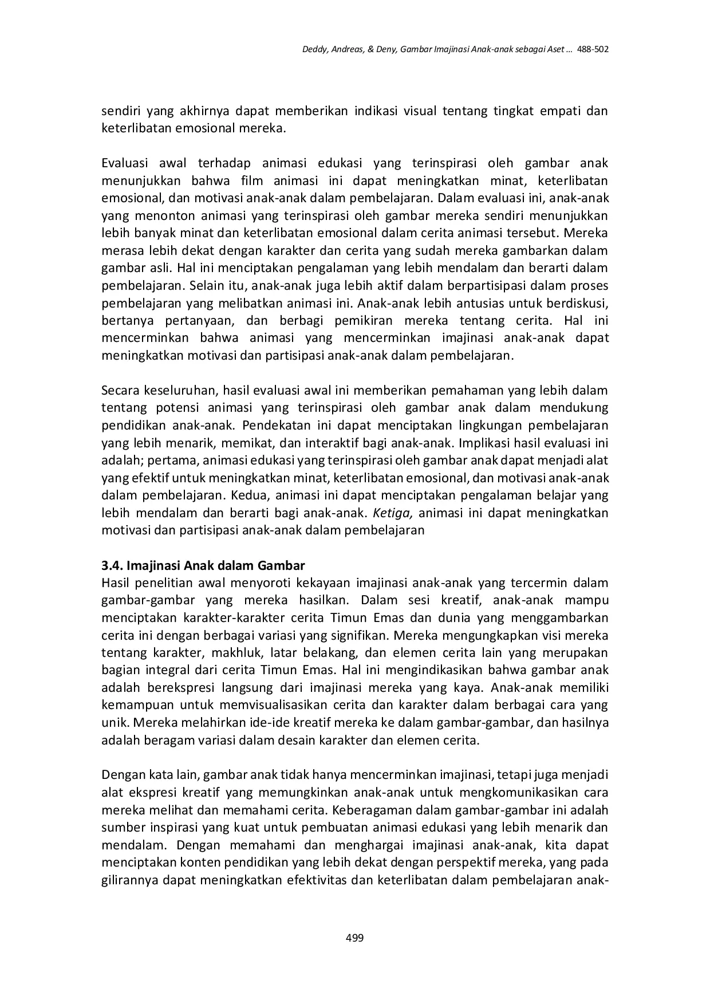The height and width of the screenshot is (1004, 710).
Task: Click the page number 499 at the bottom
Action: coord(354,938)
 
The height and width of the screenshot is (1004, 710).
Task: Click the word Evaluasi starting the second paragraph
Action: coord(125,163)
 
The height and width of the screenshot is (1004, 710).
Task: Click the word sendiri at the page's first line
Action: coord(119,111)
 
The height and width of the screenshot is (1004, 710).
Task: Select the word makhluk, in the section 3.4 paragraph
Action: coord(236,653)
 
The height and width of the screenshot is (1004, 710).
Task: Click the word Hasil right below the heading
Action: coord(116,583)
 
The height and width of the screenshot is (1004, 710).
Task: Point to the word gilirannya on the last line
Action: coord(130,880)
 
